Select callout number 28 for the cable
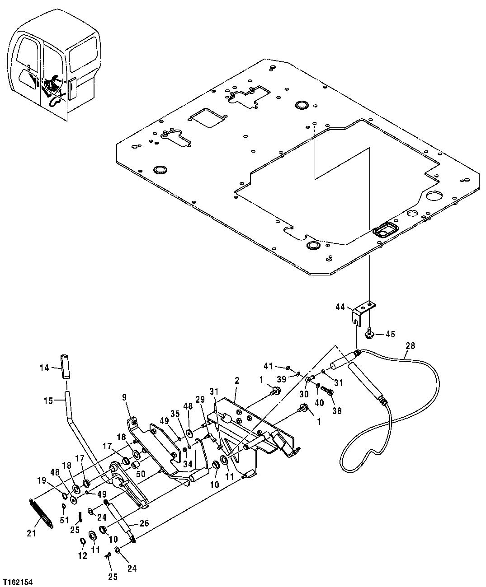410,346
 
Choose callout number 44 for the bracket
340,307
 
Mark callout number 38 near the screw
337,410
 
